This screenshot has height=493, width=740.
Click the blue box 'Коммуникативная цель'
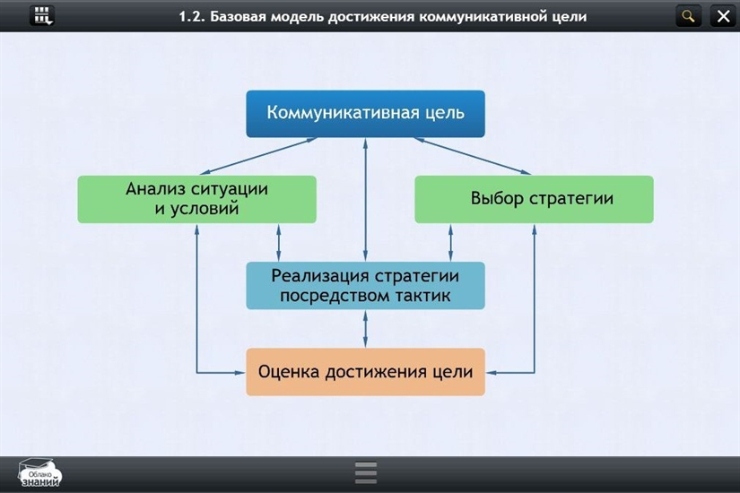click(365, 114)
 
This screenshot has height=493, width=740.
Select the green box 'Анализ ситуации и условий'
click(196, 199)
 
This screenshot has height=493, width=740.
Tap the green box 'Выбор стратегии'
click(534, 199)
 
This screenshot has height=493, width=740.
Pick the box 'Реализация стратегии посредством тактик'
click(365, 285)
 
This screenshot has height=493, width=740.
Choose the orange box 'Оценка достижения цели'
click(365, 372)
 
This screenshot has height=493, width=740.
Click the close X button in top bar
click(723, 15)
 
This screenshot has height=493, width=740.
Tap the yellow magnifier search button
click(689, 15)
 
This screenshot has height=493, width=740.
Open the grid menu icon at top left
click(42, 15)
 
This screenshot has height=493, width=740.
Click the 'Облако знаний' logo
click(40, 474)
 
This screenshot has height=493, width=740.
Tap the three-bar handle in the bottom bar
click(366, 472)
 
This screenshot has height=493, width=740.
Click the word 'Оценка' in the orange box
click(290, 372)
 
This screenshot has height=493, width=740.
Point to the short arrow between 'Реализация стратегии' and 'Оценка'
click(365, 329)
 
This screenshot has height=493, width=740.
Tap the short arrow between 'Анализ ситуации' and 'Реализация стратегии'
click(279, 242)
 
